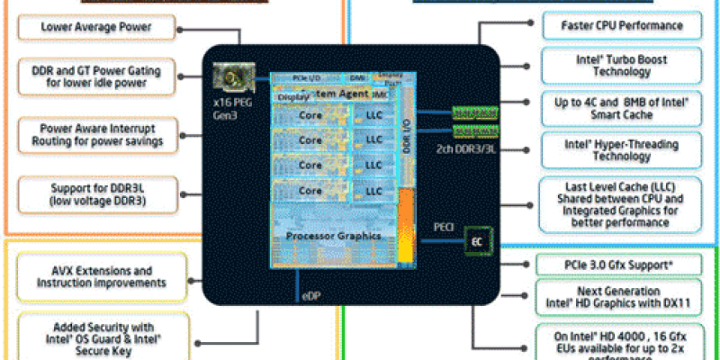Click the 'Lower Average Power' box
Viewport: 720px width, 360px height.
(95, 27)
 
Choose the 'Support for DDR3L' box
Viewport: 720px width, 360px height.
(95, 194)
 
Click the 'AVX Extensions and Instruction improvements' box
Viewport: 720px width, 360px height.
(101, 276)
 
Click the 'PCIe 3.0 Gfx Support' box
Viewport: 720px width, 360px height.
(616, 265)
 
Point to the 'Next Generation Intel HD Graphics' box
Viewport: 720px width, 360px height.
(616, 298)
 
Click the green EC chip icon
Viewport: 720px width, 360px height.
(477, 240)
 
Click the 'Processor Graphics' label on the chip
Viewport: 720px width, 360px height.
(334, 236)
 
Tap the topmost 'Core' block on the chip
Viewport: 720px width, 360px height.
(310, 116)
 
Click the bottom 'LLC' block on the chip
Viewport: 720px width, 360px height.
(373, 191)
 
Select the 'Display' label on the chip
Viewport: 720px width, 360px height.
(292, 95)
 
